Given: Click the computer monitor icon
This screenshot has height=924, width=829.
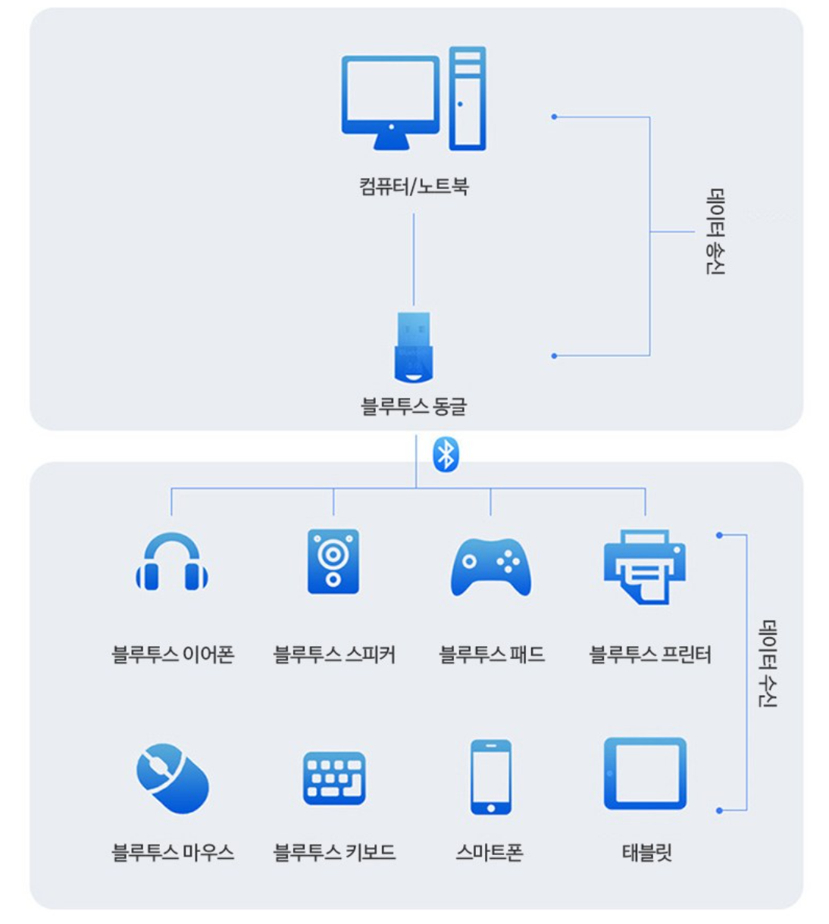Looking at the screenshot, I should click(390, 98).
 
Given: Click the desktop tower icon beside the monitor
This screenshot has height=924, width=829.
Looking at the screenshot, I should click(467, 98).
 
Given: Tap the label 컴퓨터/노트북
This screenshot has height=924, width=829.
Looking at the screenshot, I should click(414, 186).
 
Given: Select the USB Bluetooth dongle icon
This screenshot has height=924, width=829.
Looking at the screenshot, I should click(414, 347).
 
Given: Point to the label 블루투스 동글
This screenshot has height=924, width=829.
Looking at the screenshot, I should click(414, 407).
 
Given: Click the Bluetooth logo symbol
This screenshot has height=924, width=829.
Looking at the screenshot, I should click(446, 455).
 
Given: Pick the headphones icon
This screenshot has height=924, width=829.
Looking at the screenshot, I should click(172, 563).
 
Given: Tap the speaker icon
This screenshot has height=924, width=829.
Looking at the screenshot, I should click(333, 562).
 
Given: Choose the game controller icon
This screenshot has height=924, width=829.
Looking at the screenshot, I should click(491, 567).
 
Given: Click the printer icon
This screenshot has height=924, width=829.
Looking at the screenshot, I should click(645, 566).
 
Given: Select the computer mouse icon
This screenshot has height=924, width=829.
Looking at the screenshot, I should click(173, 779).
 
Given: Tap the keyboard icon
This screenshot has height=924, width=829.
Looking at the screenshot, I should click(334, 778).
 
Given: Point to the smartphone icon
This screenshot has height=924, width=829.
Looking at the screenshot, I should click(491, 776).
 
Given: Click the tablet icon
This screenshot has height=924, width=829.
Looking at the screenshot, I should click(646, 774).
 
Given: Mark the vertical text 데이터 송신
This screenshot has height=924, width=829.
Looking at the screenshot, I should click(715, 232).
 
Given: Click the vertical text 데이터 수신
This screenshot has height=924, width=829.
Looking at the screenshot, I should click(768, 663).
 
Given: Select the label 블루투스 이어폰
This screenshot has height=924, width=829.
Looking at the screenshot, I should click(173, 654).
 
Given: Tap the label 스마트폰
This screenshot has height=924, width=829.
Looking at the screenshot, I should click(490, 853).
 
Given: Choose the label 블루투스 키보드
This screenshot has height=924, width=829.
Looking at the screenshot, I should click(334, 853).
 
